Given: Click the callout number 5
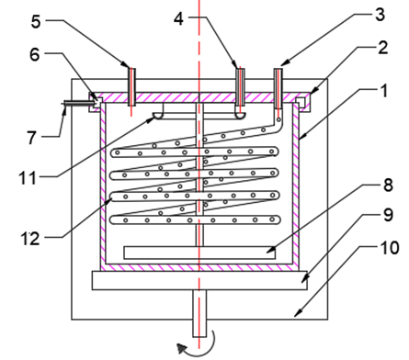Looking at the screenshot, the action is point(36,22).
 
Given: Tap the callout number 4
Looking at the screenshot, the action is point(178,18).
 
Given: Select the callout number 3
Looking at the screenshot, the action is point(381,15).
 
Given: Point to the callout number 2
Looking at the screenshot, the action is point(383,48).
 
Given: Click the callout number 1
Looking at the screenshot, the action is point(384,91).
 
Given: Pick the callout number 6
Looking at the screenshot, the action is point(35,55).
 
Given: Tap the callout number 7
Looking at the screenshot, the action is point(32,138).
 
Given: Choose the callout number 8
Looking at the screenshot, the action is point(388,186).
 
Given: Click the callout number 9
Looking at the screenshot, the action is point(388,215).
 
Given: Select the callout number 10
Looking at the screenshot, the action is point(390,248).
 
